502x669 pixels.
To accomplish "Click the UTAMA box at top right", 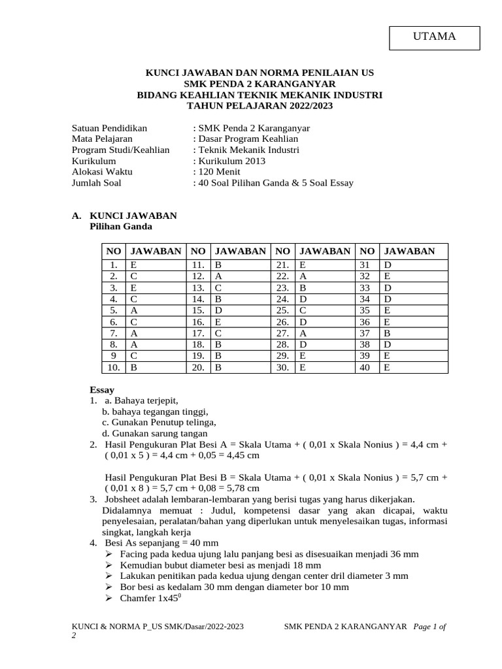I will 434,37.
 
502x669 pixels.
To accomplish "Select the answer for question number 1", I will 157,265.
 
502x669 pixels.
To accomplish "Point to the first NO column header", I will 114,251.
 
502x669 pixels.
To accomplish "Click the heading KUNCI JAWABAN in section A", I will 133,216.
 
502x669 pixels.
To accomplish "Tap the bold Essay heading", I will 102,390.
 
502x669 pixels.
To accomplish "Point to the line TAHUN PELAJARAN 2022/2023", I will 259,105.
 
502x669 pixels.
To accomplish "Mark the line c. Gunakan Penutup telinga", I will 154,422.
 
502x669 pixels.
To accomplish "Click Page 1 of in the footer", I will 430,627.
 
